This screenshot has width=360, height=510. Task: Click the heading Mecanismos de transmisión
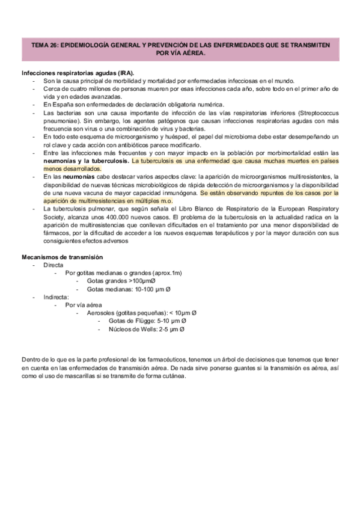click(x=61, y=257)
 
